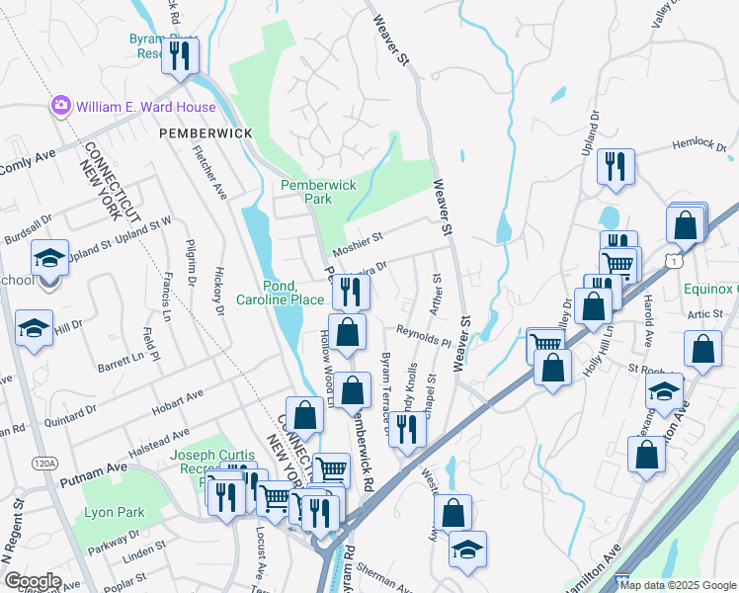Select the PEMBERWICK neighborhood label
point(205,132)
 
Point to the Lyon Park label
point(115,512)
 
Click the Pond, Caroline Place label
point(280,293)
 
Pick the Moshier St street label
point(357,239)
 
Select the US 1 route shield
point(672,260)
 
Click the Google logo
point(32,581)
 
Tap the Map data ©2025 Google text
point(678,585)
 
